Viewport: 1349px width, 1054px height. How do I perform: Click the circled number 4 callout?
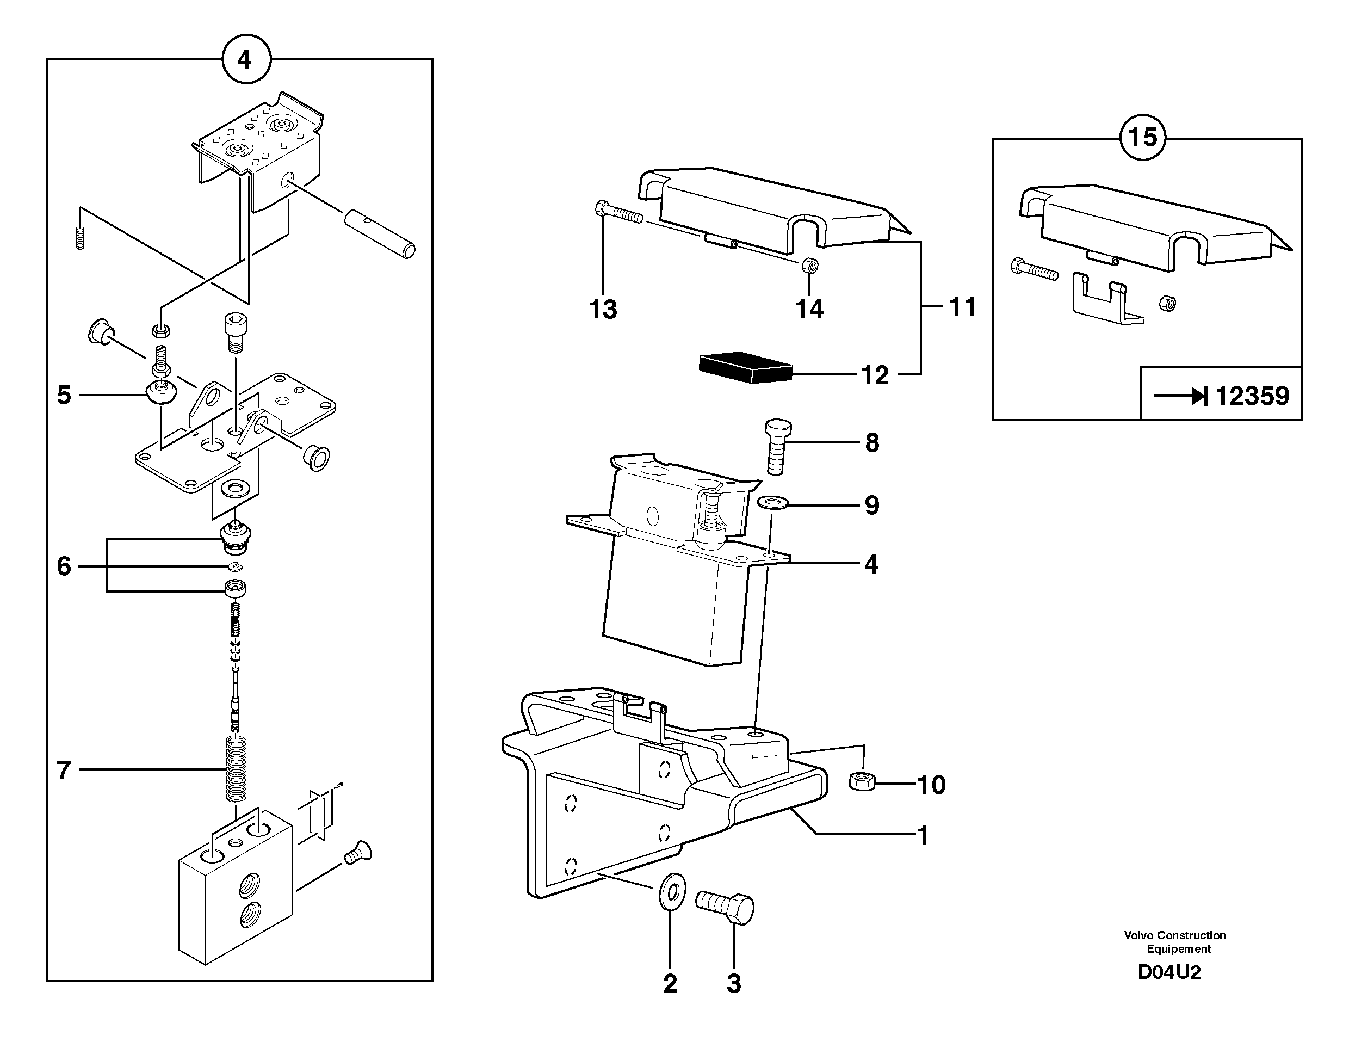click(245, 60)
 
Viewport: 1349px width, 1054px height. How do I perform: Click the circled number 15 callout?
click(1142, 137)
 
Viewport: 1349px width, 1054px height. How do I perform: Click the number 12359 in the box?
click(1252, 396)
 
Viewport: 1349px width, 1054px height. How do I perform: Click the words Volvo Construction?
click(1174, 935)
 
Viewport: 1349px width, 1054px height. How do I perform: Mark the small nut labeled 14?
click(810, 266)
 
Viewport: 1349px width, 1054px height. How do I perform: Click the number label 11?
click(962, 306)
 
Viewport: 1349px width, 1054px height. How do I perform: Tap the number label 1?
click(923, 836)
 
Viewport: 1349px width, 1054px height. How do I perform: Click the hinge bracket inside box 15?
click(1103, 298)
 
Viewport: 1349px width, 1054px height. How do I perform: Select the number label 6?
click(64, 566)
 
